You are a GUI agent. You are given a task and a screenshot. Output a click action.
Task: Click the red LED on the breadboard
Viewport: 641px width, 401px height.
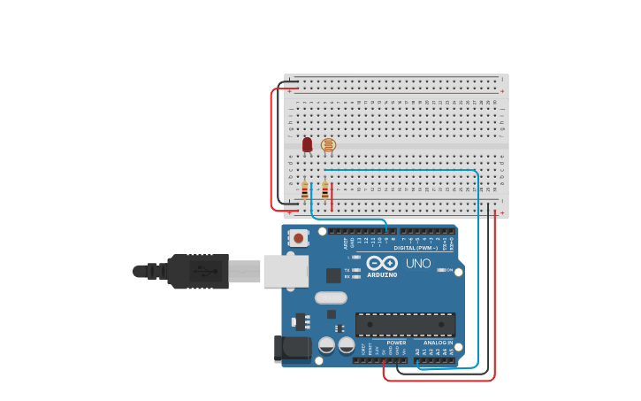click(x=307, y=144)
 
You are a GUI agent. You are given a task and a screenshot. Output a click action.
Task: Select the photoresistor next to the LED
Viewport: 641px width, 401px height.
click(x=328, y=144)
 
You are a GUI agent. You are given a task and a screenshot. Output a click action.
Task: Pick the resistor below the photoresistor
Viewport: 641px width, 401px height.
click(x=324, y=190)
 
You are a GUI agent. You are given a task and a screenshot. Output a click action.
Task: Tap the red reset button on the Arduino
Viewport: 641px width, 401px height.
click(x=299, y=237)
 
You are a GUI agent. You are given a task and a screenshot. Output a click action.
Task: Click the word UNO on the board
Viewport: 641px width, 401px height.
click(x=418, y=263)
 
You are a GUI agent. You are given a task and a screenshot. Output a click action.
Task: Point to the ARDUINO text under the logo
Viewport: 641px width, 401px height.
click(x=382, y=274)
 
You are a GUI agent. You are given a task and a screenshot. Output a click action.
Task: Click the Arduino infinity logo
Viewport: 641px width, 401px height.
click(x=382, y=263)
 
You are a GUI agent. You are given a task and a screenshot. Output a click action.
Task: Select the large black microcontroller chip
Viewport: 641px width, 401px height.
click(x=405, y=324)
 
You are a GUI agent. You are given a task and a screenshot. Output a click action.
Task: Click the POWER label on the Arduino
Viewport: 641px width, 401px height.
click(x=396, y=343)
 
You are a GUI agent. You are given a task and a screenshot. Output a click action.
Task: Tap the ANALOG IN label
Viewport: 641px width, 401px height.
click(x=438, y=343)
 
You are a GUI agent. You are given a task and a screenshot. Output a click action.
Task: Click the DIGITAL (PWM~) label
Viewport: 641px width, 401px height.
click(x=416, y=248)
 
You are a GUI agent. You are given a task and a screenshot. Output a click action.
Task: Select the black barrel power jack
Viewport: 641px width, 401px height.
click(x=293, y=348)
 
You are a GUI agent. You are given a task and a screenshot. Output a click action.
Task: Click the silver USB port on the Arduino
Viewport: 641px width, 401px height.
click(x=285, y=271)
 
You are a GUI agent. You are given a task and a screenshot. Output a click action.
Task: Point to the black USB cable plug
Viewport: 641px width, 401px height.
click(x=199, y=271)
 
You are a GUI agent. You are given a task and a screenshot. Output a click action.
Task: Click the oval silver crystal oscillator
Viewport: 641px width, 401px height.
click(x=331, y=297)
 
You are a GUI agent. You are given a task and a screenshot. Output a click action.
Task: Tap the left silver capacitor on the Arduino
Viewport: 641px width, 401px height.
click(x=326, y=344)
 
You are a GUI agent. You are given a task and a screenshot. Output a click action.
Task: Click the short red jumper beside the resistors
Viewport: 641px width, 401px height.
click(x=332, y=197)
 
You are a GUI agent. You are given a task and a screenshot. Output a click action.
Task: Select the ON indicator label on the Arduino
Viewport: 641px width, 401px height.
click(x=448, y=270)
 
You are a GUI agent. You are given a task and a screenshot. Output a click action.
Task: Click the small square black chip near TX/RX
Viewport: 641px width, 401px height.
click(x=333, y=275)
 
